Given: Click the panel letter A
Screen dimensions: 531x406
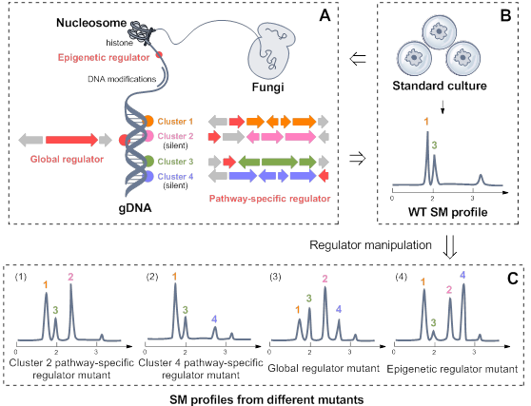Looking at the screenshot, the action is click(324, 15).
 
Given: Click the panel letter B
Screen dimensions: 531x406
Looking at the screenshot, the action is click(505, 15).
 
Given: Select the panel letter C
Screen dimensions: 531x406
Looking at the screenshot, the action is click(513, 279).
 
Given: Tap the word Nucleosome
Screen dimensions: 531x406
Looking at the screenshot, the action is click(91, 23).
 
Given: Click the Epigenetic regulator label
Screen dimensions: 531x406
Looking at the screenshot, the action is click(104, 57).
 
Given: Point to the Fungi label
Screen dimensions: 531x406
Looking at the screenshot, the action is click(267, 87).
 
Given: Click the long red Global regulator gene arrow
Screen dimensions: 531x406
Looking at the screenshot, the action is click(71, 140).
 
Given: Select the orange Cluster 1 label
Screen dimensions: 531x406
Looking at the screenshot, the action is click(175, 121).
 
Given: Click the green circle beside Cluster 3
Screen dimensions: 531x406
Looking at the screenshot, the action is click(148, 161).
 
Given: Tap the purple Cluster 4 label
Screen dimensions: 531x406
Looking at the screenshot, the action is click(175, 176).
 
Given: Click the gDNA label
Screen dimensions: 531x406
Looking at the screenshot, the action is click(135, 208).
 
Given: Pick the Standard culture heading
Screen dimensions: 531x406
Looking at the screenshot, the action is click(440, 86).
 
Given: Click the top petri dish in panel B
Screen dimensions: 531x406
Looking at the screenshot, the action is click(439, 32).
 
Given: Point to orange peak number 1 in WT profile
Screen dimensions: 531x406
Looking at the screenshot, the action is click(426, 122).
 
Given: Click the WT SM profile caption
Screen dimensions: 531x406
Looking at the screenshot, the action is click(447, 212).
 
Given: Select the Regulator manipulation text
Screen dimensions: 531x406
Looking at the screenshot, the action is click(370, 245).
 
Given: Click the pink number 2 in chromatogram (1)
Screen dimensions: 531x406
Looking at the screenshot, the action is click(70, 277).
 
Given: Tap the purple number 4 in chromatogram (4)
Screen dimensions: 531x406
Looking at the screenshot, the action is click(462, 275).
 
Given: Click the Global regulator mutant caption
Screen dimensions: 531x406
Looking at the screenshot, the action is click(324, 368).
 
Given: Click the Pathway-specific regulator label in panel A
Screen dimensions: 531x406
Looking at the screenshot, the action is click(269, 199).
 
